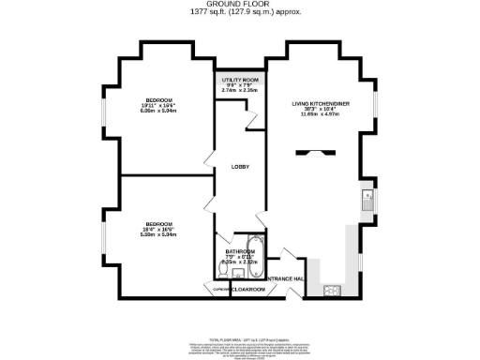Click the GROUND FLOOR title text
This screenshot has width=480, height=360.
pyautogui.click(x=239, y=5)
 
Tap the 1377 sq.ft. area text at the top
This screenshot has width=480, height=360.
pyautogui.click(x=239, y=13)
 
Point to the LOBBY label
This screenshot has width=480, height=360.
pyautogui.click(x=239, y=167)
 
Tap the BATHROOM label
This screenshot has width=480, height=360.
pyautogui.click(x=241, y=252)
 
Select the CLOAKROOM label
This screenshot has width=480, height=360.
pyautogui.click(x=248, y=290)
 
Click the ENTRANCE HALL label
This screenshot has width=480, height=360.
pyautogui.click(x=285, y=279)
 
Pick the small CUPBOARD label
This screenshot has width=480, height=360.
pyautogui.click(x=221, y=290)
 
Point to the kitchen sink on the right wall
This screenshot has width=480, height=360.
pyautogui.click(x=368, y=198)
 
